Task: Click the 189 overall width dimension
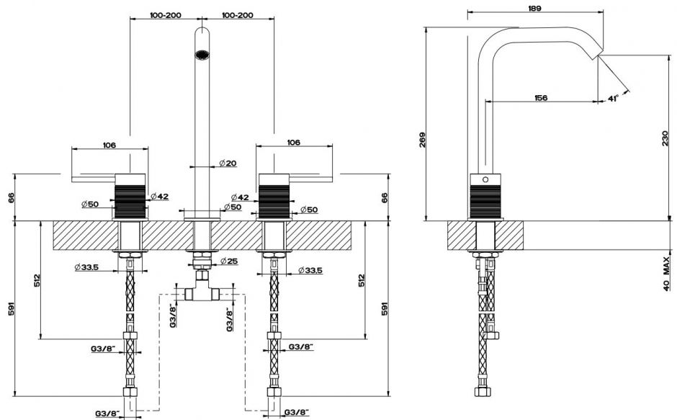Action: pyautogui.click(x=534, y=8)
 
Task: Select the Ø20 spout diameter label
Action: pyautogui.click(x=228, y=163)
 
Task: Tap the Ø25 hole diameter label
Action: pyautogui.click(x=229, y=260)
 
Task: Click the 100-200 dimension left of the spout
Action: pyautogui.click(x=166, y=14)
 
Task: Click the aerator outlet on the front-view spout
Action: pyautogui.click(x=204, y=53)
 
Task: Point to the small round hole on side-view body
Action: pyautogui.click(x=485, y=179)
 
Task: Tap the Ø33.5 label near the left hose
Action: pyautogui.click(x=86, y=268)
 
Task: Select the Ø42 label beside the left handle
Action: pyautogui.click(x=160, y=196)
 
